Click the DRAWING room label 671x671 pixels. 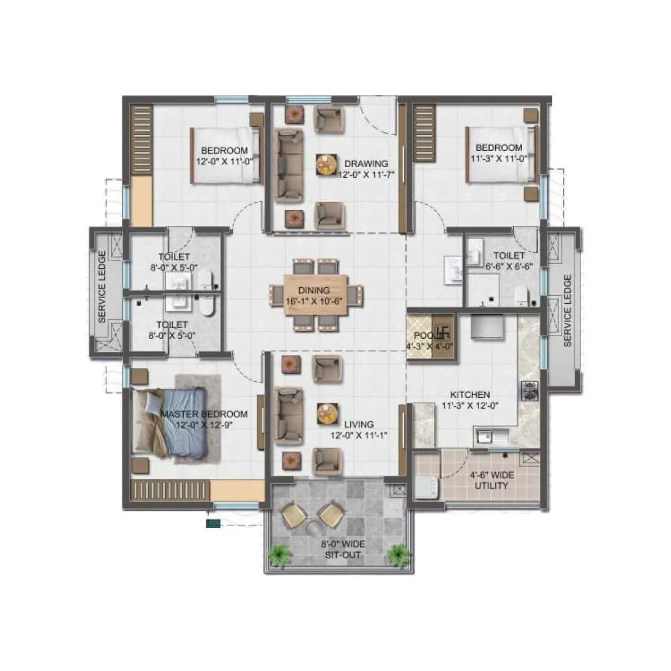pos(366,163)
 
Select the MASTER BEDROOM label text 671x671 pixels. pos(203,414)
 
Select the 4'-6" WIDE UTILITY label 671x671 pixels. pos(491,480)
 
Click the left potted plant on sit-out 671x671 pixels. pos(277,554)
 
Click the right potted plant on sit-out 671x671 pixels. pos(399,554)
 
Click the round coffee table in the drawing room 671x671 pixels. pos(327,164)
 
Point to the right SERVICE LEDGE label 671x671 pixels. pos(567,310)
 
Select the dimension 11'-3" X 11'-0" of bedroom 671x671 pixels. pos(499,158)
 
